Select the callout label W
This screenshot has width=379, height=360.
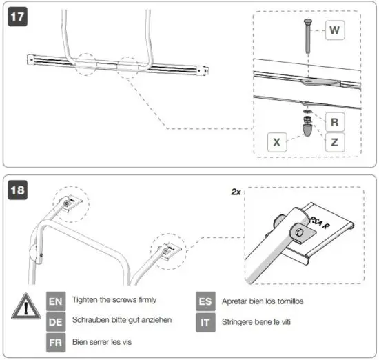(x=334, y=30)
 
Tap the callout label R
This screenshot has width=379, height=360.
(x=334, y=122)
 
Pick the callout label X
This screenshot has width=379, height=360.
(x=276, y=143)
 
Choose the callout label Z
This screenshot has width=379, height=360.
(x=334, y=143)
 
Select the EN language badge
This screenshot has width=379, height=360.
(x=56, y=301)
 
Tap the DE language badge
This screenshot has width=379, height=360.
(x=56, y=321)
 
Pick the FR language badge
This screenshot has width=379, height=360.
(x=56, y=341)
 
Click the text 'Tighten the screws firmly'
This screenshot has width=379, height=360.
(x=114, y=300)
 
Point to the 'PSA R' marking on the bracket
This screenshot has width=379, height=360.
(x=319, y=222)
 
